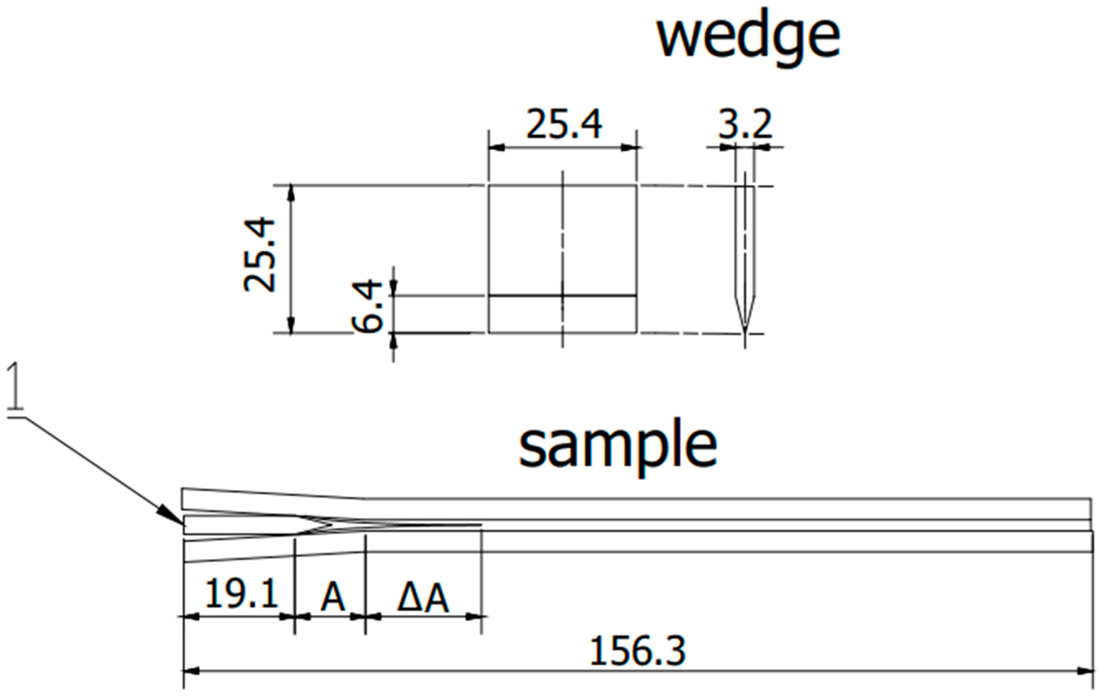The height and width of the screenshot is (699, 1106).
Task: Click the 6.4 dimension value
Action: point(367,307)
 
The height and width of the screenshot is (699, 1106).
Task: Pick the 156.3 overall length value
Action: point(637,651)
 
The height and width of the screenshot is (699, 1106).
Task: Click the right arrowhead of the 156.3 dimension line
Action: point(1085,671)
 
